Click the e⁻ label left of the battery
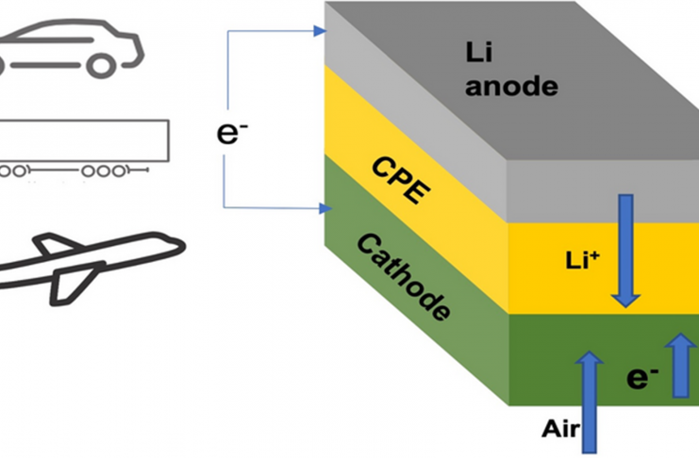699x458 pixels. click(x=228, y=131)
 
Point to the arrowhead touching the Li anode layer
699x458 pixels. click(x=318, y=31)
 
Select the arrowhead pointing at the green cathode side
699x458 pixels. click(x=318, y=205)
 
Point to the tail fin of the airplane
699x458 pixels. click(x=55, y=247)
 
